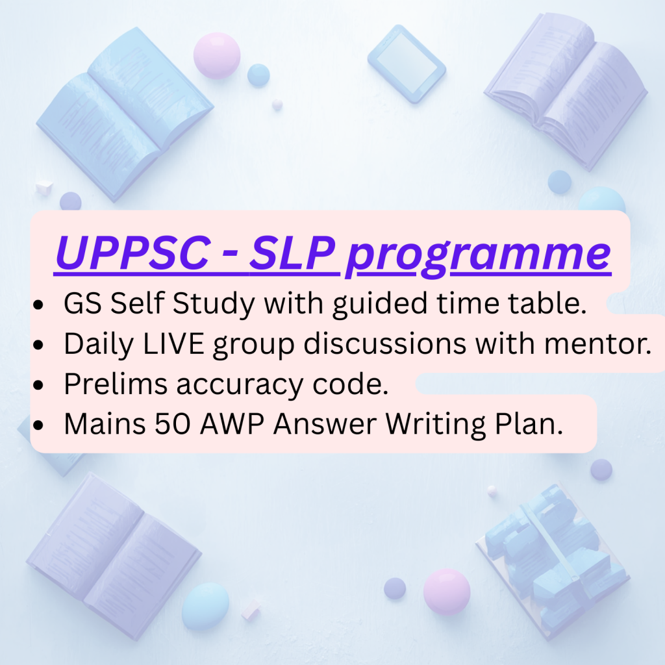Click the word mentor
tap(598, 344)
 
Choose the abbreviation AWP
tap(232, 423)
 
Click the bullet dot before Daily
tap(38, 345)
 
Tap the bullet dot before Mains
tap(38, 425)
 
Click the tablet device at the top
tap(407, 64)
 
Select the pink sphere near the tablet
tap(217, 56)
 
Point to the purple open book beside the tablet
tap(566, 90)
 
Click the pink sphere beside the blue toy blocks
tap(447, 592)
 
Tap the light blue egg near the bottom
tap(205, 606)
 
